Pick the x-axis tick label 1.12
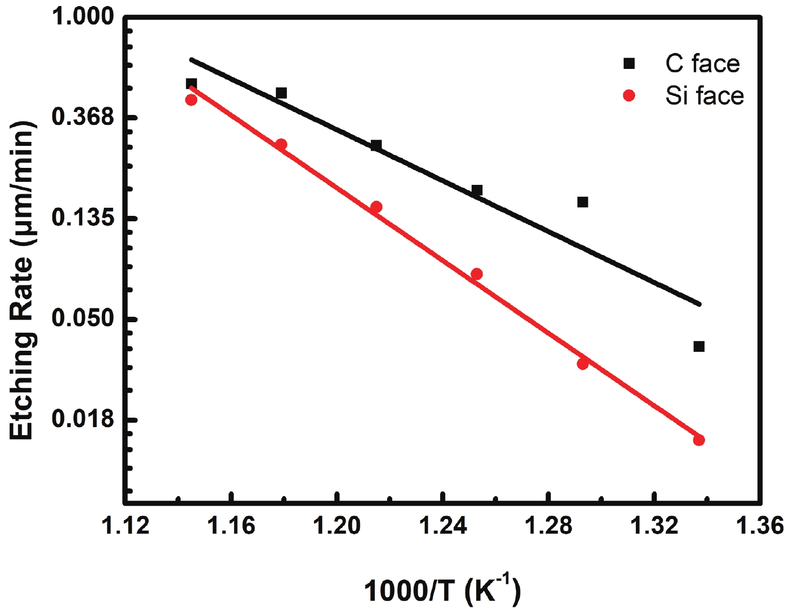125,526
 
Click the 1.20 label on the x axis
337,526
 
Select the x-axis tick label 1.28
548,526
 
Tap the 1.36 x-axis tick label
759,526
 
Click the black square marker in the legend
629,63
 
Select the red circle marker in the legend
629,95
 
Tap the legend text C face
702,63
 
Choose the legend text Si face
704,95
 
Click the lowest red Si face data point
699,440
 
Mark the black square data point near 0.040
699,346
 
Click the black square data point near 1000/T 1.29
582,202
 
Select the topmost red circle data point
191,100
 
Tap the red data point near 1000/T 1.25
477,274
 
